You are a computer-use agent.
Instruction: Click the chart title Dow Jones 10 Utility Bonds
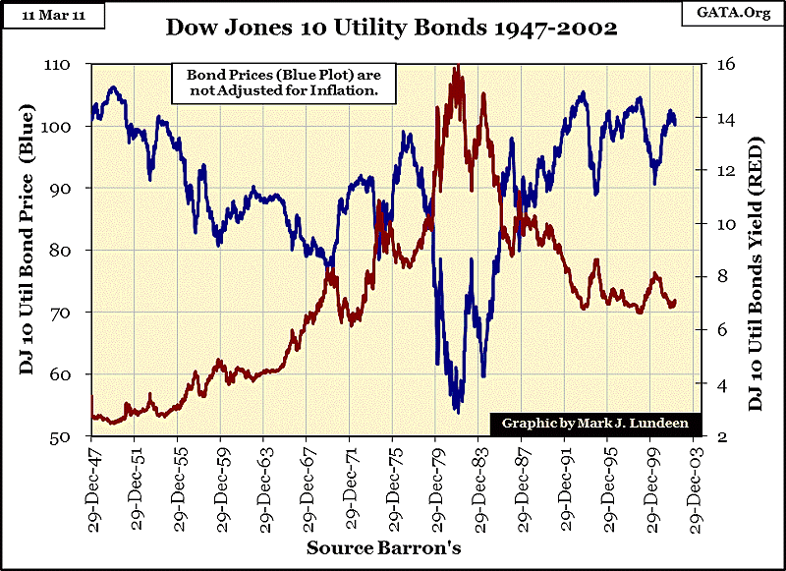pos(393,28)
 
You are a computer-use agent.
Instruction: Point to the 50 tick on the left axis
pos(72,437)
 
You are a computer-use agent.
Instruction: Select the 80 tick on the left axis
pos(72,251)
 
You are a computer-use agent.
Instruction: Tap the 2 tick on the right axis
pos(709,437)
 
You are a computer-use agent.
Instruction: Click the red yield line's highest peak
pos(457,67)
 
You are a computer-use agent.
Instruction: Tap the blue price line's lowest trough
pos(457,412)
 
